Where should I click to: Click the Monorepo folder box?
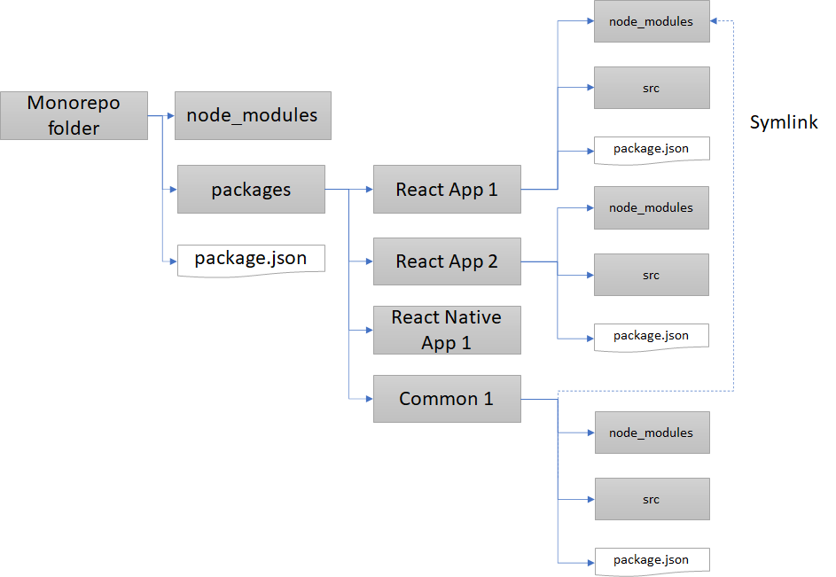(x=74, y=114)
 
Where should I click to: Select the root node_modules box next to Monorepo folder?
(x=253, y=115)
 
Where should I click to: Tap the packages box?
(x=251, y=189)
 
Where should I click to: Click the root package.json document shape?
(x=251, y=259)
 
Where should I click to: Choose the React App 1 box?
(x=446, y=189)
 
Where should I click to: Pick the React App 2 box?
(x=446, y=261)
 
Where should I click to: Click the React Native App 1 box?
(x=446, y=330)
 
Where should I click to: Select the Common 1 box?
(x=446, y=399)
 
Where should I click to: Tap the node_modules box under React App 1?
(x=651, y=21)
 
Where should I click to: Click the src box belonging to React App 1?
(x=651, y=88)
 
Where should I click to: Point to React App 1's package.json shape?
(x=651, y=148)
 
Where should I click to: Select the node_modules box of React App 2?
(x=651, y=207)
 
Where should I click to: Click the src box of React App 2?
(x=651, y=275)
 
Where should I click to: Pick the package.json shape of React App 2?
(x=651, y=336)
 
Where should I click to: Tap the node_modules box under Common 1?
(x=651, y=433)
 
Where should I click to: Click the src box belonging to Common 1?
(x=651, y=499)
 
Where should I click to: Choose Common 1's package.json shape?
(x=651, y=560)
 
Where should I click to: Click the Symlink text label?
(x=784, y=123)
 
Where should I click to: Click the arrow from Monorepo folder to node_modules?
(x=161, y=115)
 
